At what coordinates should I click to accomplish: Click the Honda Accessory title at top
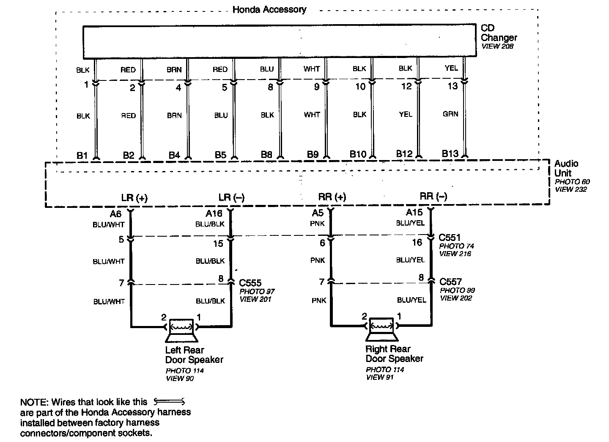point(269,9)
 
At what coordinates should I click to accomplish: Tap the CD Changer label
point(499,33)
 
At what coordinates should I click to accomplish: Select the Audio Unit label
point(566,168)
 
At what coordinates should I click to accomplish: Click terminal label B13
point(450,154)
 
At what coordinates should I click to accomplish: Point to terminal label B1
point(82,156)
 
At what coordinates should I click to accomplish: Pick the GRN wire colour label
point(450,114)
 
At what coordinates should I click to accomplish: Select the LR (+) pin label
point(134,198)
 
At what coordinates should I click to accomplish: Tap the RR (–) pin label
point(433,196)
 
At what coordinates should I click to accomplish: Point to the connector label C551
point(450,238)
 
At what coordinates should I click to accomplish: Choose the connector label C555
point(250,283)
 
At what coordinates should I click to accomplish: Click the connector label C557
point(450,282)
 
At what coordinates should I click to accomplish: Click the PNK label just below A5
point(317,224)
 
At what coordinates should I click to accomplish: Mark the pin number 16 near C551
point(417,243)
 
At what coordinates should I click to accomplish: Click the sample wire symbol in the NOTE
point(169,401)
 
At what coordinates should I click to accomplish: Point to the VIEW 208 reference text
point(497,46)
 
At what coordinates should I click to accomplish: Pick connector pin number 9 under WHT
point(317,87)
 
